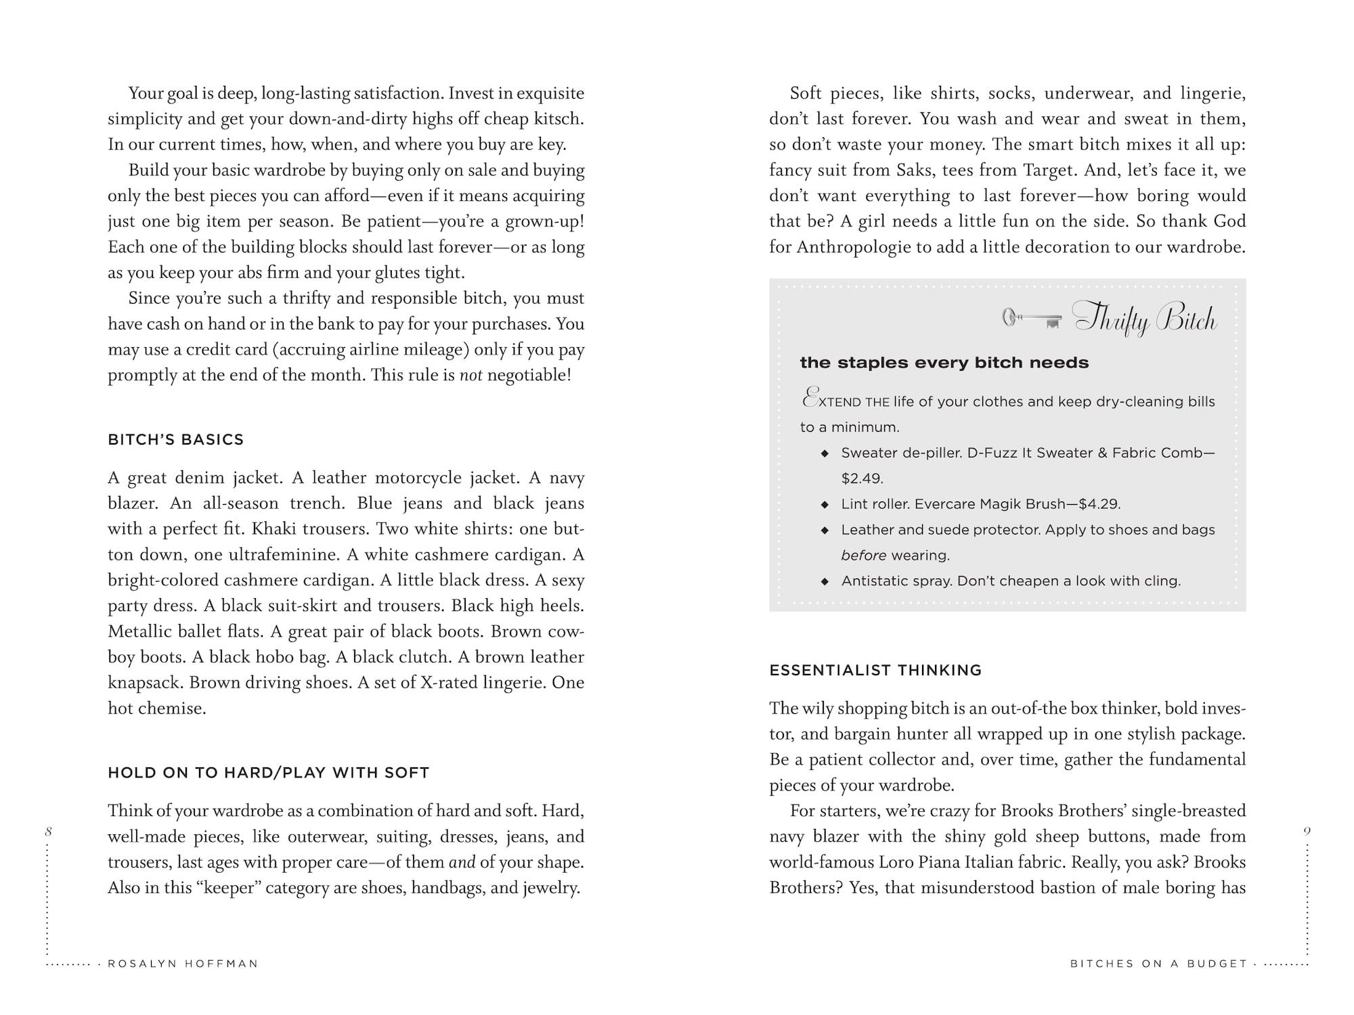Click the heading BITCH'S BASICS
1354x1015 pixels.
(175, 440)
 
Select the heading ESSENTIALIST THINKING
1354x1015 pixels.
(875, 671)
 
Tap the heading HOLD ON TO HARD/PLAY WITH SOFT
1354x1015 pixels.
(268, 773)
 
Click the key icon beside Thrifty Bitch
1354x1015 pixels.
(1031, 319)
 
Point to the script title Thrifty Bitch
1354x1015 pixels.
(1145, 319)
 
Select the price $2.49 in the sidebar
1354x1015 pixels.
(862, 478)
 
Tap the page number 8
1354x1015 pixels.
(49, 832)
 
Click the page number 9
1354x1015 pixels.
(1307, 832)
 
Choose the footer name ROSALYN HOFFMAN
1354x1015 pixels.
(183, 964)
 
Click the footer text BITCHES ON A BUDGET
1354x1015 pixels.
(1158, 964)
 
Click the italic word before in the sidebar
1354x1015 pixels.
(863, 556)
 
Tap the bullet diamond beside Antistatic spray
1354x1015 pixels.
(825, 581)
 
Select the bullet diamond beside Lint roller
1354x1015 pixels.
(825, 505)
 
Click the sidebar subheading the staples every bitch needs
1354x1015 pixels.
(944, 363)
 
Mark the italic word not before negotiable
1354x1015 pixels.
(471, 375)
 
